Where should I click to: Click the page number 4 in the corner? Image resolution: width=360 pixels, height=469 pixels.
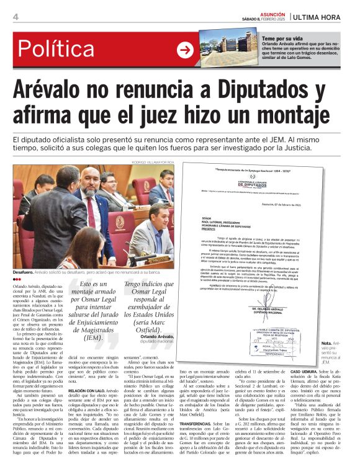pos(16,17)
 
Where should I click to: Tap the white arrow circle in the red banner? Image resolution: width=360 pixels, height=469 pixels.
pos(184,51)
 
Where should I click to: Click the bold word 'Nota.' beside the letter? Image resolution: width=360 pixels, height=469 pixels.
pos(326,343)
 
